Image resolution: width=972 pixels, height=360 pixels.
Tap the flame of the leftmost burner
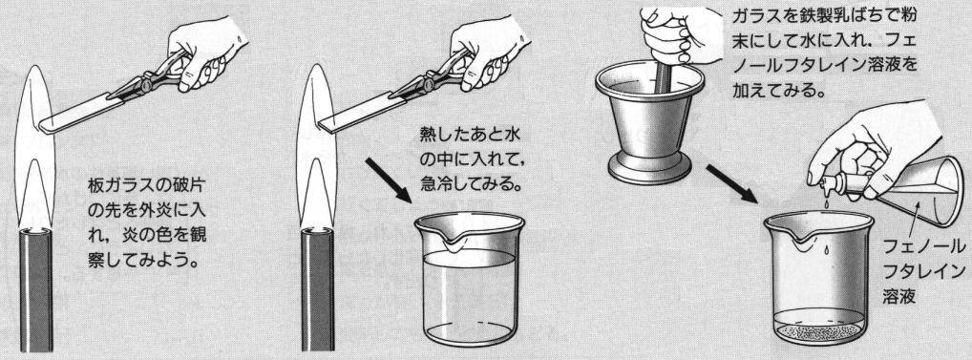click(x=35, y=149)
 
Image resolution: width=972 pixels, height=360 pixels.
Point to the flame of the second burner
click(x=317, y=149)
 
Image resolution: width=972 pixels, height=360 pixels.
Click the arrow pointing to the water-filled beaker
click(x=389, y=180)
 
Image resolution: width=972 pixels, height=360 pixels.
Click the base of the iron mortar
click(x=649, y=168)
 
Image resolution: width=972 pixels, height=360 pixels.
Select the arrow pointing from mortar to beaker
click(x=731, y=183)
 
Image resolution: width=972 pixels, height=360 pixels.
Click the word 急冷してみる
click(x=471, y=185)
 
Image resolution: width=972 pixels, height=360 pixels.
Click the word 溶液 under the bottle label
click(x=899, y=296)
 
